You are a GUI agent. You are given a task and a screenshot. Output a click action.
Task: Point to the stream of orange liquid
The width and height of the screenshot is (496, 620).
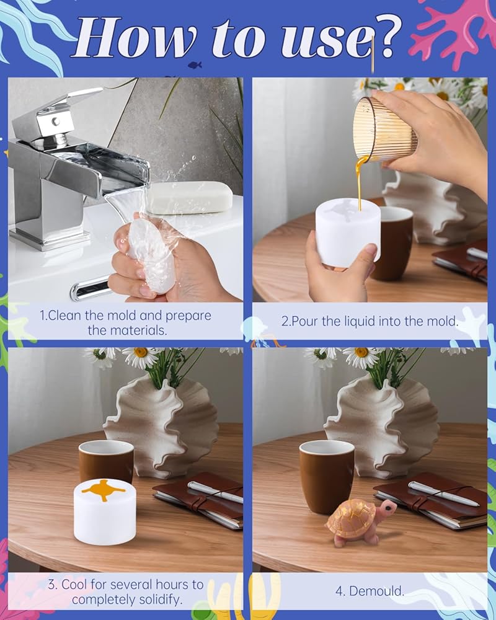(360, 181)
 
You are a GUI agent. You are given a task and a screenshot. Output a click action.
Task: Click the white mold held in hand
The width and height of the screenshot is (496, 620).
(348, 232)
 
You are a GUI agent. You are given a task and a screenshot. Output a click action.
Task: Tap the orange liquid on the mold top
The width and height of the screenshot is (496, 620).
(104, 490)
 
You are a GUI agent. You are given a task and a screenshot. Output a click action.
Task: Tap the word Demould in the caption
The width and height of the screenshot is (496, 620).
(376, 591)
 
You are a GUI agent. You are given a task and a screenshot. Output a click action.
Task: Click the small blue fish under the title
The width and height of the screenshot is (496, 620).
(195, 64)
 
